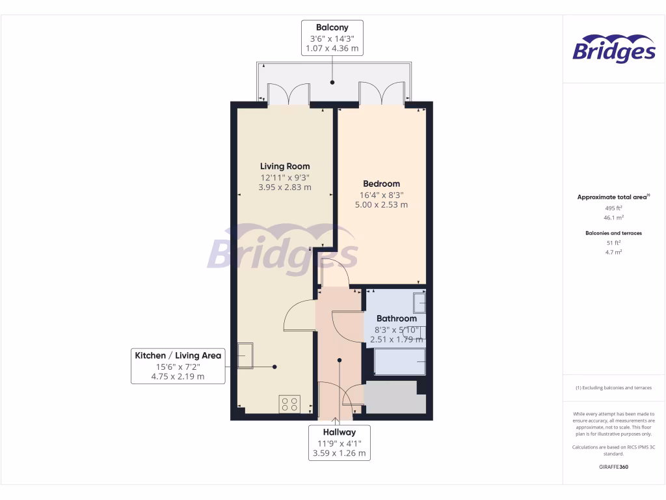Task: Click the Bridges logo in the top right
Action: tap(613, 49)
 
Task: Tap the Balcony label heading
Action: tap(332, 27)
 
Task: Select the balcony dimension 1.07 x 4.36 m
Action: tap(332, 48)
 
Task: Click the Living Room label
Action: tap(285, 166)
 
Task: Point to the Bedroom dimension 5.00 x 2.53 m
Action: tap(381, 204)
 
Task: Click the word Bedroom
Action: tap(381, 184)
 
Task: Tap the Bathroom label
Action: tap(397, 318)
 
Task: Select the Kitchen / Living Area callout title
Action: tap(178, 355)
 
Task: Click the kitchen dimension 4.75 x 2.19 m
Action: tap(178, 376)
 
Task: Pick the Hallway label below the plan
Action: tap(339, 432)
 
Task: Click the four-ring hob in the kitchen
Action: tap(289, 404)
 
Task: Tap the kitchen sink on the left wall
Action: tap(245, 356)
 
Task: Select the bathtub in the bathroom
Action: tap(400, 362)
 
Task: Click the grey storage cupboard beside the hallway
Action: tap(390, 398)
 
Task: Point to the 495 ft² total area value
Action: tap(614, 209)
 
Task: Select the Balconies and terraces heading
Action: tap(614, 232)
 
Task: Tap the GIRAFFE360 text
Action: tap(614, 467)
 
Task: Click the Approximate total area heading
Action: tap(613, 197)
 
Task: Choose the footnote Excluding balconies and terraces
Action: tap(613, 387)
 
